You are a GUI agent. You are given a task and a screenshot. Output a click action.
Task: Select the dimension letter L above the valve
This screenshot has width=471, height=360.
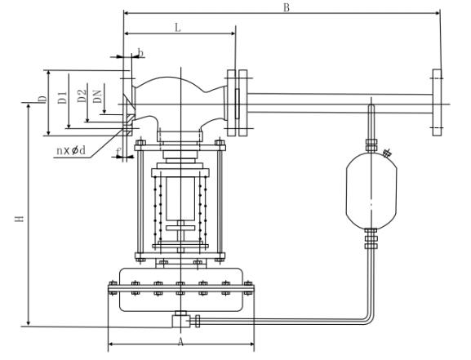pos(178,28)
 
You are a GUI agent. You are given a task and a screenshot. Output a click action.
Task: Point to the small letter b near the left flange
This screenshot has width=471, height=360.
pos(140,54)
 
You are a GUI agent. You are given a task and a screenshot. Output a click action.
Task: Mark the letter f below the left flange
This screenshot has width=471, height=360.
pos(119,151)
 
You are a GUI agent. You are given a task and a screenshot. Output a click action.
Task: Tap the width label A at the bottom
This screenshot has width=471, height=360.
pos(180,341)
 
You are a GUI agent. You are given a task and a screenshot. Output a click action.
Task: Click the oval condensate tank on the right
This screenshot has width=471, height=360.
pos(371,189)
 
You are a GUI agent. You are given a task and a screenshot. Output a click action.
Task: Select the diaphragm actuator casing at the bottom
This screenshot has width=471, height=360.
pos(181,290)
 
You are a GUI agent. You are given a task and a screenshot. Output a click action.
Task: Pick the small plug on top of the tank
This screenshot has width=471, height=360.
pos(386,152)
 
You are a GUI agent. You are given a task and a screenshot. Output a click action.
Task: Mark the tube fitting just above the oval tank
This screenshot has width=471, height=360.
pos(371,144)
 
